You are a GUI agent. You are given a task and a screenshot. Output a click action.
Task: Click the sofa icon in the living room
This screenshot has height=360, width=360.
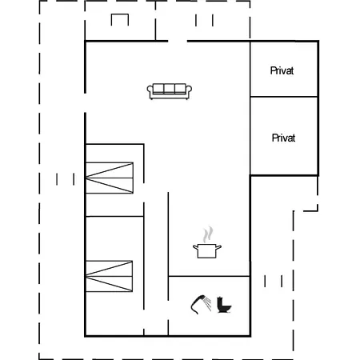[170, 91]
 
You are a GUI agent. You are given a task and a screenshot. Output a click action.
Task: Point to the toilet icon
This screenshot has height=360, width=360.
[224, 305]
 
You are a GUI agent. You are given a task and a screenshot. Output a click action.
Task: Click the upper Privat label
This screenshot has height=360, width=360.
[282, 70]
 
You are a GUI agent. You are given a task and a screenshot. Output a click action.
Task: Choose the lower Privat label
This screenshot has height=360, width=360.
[283, 138]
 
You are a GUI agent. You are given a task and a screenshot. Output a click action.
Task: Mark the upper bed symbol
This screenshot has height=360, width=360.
[110, 178]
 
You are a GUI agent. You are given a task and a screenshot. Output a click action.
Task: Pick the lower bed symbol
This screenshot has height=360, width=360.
[109, 276]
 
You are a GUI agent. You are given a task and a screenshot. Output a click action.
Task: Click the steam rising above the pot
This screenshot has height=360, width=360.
[208, 234]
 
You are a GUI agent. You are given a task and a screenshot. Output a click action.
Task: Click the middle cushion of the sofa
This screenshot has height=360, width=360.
[170, 88]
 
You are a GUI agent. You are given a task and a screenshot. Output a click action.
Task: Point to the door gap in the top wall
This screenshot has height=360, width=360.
[178, 41]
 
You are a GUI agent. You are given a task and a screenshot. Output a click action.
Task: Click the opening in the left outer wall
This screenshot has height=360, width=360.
[85, 103]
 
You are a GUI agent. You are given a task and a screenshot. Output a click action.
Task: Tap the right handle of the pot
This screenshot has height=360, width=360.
[218, 248]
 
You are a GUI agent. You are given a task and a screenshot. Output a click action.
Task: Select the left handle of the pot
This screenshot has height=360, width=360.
[196, 248]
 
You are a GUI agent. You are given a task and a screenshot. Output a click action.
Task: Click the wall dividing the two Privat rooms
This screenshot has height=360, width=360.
[284, 97]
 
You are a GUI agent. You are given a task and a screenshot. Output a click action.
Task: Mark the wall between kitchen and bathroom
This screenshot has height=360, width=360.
[209, 276]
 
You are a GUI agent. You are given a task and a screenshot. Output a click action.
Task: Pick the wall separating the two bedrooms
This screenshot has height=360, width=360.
[114, 216]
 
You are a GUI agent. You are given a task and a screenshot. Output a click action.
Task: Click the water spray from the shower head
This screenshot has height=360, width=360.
[208, 304]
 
